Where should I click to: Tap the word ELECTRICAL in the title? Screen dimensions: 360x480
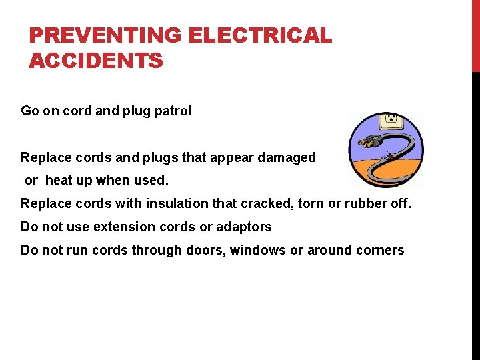pos(260,35)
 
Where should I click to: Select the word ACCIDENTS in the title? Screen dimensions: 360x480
pos(96,61)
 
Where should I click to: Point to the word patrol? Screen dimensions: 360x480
pos(173,111)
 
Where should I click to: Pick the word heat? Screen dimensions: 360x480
pos(58,180)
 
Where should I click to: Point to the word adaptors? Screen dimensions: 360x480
pos(245,227)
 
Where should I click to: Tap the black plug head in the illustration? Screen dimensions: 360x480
pos(368,141)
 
